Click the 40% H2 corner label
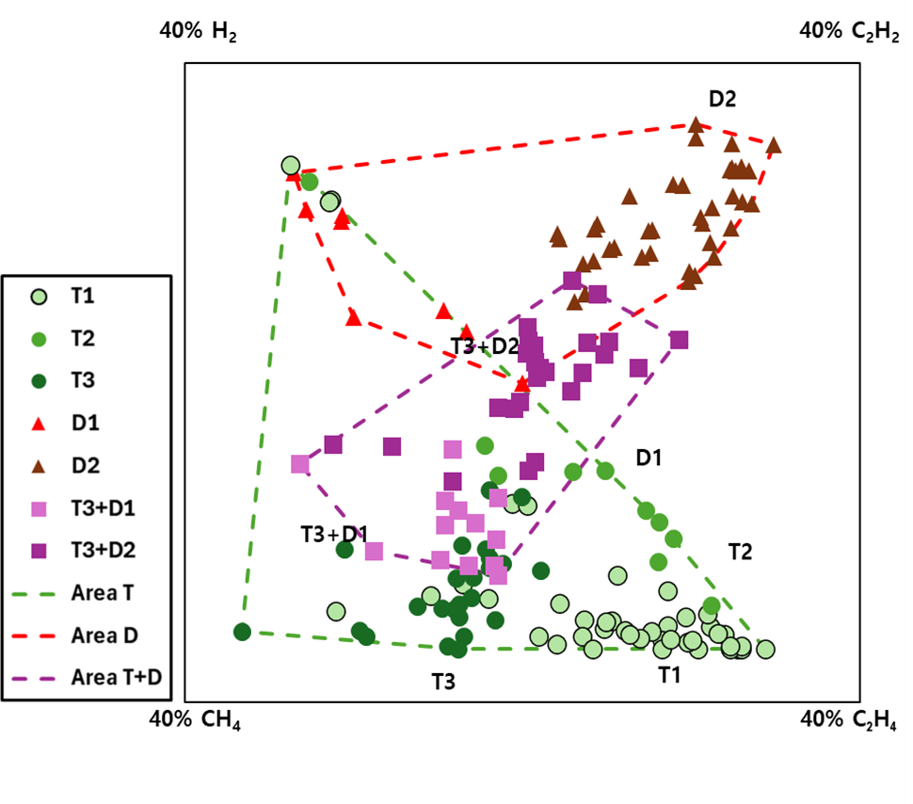199,31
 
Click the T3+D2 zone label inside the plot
484,346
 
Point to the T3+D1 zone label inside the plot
334,534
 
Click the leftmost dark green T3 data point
242,632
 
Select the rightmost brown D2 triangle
774,146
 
